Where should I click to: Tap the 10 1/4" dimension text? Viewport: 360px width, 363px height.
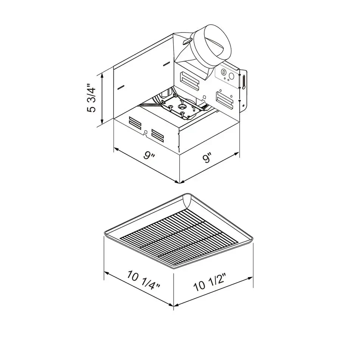(x=144, y=281)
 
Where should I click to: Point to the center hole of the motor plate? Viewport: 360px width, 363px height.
(x=182, y=113)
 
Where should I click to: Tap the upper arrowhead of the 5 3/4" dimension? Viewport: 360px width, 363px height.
(x=102, y=75)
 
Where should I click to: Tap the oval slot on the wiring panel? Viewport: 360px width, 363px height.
(x=224, y=71)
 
